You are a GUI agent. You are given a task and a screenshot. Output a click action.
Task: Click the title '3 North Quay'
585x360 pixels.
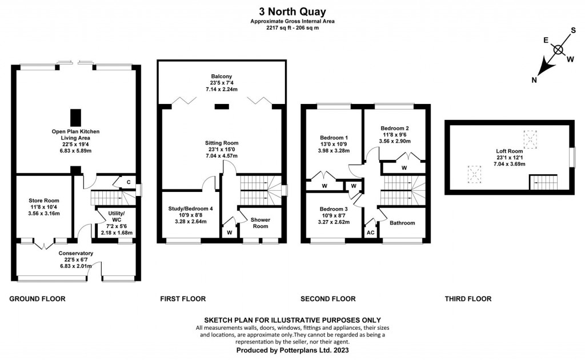pyautogui.click(x=292, y=11)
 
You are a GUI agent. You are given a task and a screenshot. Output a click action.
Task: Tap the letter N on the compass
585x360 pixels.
pyautogui.click(x=534, y=80)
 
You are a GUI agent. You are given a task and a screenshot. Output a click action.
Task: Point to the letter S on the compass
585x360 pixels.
pyautogui.click(x=574, y=30)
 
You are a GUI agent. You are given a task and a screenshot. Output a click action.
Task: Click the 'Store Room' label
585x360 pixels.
pyautogui.click(x=44, y=201)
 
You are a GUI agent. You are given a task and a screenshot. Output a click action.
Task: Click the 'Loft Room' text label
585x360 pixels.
pyautogui.click(x=509, y=151)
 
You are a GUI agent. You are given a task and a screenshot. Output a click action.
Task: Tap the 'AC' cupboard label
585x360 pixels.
pyautogui.click(x=370, y=233)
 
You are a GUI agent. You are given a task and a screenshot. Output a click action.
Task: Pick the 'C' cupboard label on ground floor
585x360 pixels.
pyautogui.click(x=129, y=182)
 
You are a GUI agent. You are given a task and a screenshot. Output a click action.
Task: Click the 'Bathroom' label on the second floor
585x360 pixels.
pyautogui.click(x=402, y=223)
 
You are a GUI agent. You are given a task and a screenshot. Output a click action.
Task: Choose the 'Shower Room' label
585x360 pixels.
pyautogui.click(x=261, y=223)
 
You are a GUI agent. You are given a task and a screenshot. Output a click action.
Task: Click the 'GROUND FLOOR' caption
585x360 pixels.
pyautogui.click(x=37, y=299)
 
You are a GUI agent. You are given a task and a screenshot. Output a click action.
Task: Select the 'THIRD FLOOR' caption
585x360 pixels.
pyautogui.click(x=468, y=299)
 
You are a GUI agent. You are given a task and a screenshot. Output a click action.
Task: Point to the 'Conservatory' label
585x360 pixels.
pyautogui.click(x=76, y=253)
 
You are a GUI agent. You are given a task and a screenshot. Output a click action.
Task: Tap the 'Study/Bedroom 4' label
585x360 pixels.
pyautogui.click(x=191, y=209)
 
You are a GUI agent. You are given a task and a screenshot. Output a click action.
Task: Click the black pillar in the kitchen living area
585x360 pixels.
pyautogui.click(x=76, y=118)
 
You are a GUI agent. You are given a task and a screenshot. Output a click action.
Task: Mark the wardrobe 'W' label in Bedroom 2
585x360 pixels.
pyautogui.click(x=404, y=168)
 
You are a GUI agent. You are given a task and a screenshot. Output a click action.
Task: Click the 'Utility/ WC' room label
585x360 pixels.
pyautogui.click(x=117, y=217)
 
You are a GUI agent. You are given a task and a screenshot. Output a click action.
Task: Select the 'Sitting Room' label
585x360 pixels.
pyautogui.click(x=222, y=143)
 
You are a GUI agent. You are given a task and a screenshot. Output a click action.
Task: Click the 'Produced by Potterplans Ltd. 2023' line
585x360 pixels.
pyautogui.click(x=292, y=350)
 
